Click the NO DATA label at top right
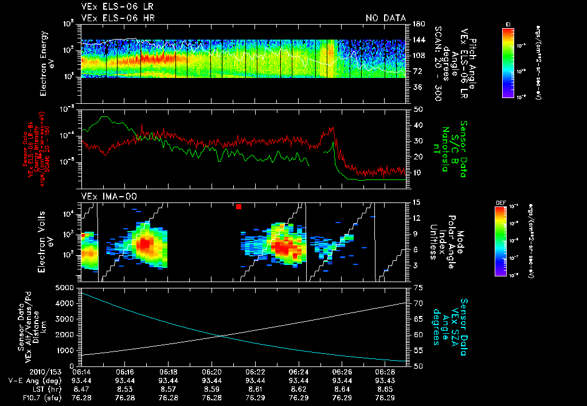pyautogui.click(x=385, y=18)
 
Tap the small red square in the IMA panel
pyautogui.click(x=238, y=206)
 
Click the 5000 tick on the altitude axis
pyautogui.click(x=66, y=287)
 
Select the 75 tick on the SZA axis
pyautogui.click(x=418, y=287)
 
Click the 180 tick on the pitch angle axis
pyautogui.click(x=418, y=24)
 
